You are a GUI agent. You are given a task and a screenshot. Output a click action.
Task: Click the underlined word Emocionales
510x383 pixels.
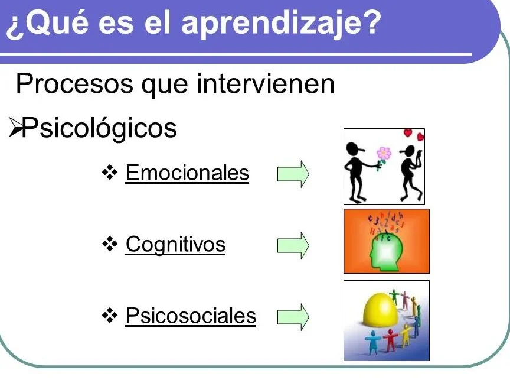click(187, 173)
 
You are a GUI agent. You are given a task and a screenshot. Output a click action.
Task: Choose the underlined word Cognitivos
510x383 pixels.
click(175, 244)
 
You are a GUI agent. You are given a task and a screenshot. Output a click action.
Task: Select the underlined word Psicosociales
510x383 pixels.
click(191, 316)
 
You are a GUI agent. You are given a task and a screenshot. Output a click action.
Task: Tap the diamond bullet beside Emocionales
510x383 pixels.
click(110, 173)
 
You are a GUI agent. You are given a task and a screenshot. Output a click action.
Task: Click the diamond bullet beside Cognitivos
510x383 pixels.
click(110, 244)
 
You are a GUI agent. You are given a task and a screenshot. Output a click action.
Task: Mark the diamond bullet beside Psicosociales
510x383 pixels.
click(110, 315)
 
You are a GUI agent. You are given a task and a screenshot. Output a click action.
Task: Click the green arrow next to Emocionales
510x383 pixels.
click(293, 174)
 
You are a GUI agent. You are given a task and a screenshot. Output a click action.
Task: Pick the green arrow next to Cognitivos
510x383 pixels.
click(293, 245)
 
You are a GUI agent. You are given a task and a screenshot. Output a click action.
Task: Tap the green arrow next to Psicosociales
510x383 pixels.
click(293, 317)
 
